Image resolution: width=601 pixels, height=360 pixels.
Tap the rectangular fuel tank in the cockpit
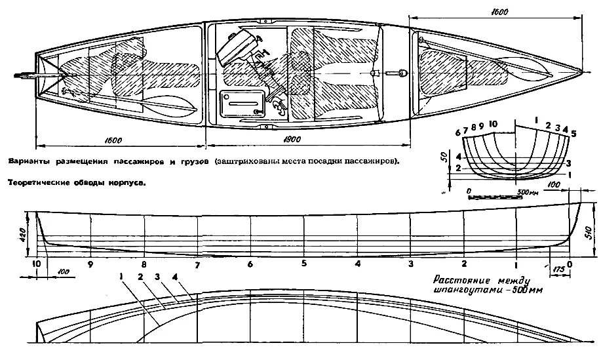tap(242, 104)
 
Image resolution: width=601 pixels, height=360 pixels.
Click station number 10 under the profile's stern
tap(36, 264)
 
